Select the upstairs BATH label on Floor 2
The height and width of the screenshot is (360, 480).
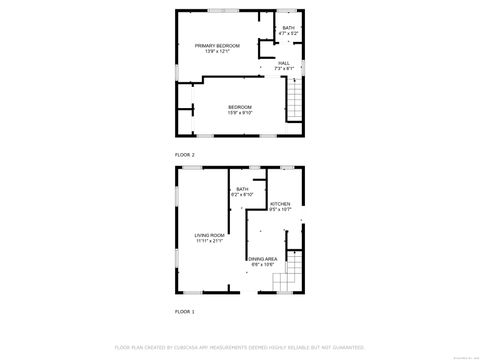[288, 28]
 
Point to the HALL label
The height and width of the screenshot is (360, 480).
[284, 63]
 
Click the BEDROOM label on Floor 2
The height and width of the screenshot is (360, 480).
[240, 107]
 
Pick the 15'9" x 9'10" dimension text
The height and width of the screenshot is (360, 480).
[240, 113]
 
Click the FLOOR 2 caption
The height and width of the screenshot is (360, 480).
[185, 155]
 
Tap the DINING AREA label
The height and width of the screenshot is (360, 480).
[263, 259]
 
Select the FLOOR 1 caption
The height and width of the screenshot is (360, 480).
[185, 312]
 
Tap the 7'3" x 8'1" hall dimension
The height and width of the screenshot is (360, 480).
[284, 69]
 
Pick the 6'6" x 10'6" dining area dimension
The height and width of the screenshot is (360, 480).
[263, 265]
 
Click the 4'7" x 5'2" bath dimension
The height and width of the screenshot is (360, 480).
[288, 34]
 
